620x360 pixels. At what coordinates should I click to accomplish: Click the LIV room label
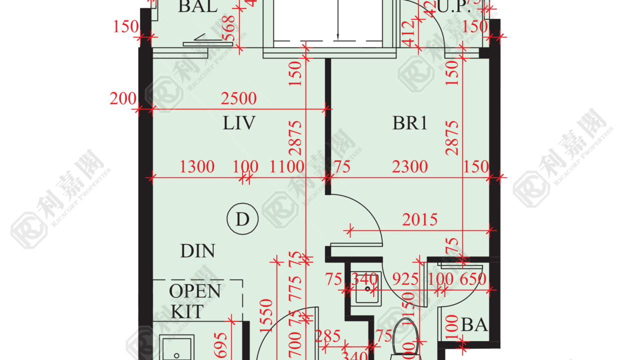(239, 123)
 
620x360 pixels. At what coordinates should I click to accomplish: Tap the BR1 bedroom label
(410, 123)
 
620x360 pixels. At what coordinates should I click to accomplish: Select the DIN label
(197, 251)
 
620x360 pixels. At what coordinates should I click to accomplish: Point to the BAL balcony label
(197, 7)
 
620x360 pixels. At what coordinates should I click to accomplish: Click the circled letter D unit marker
(242, 220)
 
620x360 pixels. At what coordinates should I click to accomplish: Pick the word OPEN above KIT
(194, 291)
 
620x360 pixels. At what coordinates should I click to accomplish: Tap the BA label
(474, 325)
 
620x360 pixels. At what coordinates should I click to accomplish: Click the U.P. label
(453, 7)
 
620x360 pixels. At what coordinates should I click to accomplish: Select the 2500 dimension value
(238, 98)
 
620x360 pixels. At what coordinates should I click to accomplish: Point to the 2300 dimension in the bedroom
(409, 166)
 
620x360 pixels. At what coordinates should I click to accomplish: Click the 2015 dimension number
(420, 219)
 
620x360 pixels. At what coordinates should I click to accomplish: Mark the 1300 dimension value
(197, 166)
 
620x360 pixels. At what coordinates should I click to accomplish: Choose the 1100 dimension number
(286, 166)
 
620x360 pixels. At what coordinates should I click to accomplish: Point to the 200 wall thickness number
(122, 99)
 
